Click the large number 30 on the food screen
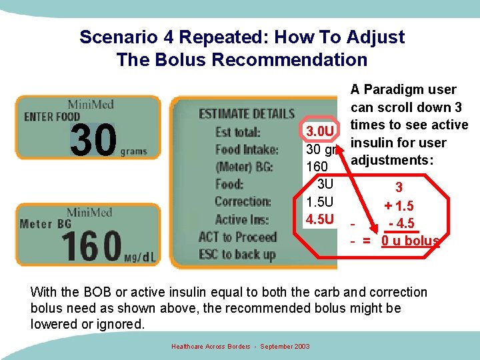click(93, 141)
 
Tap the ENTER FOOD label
click(52, 117)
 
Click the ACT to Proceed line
click(237, 237)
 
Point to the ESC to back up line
click(237, 254)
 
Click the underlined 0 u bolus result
click(410, 241)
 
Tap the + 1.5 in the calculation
click(399, 207)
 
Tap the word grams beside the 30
click(133, 152)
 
